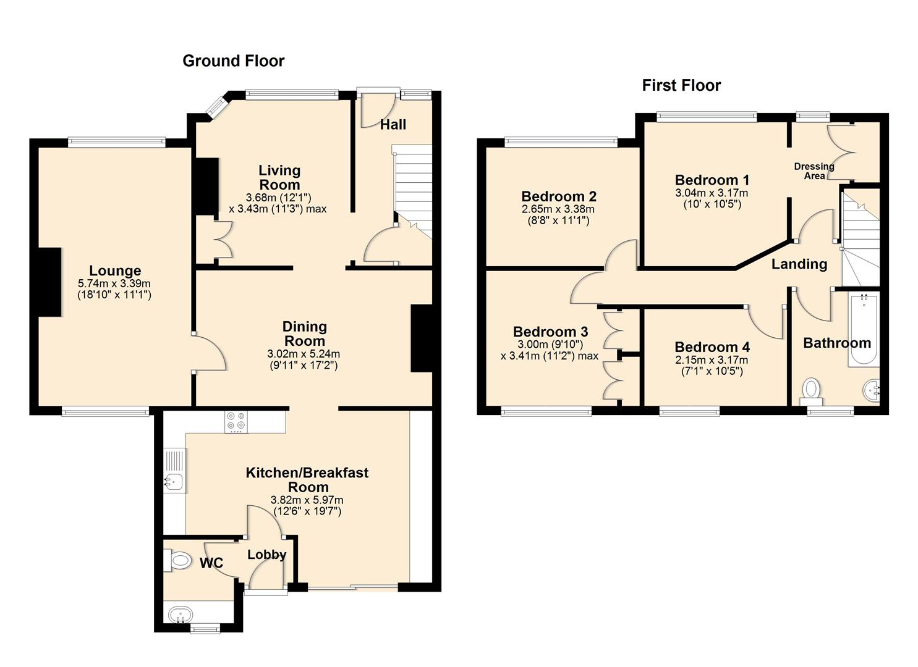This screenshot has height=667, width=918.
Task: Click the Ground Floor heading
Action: tap(233, 61)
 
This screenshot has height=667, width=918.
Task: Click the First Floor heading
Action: tap(681, 85)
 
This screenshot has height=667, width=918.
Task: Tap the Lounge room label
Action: tap(115, 271)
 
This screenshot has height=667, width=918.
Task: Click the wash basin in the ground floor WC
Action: tap(180, 615)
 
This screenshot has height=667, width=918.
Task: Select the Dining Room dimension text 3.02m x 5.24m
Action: tap(304, 354)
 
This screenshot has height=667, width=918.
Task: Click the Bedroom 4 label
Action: tap(712, 347)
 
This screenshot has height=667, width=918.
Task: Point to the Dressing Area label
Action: tap(814, 171)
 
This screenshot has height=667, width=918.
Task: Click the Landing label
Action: tap(799, 264)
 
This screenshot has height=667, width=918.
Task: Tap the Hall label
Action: tap(393, 125)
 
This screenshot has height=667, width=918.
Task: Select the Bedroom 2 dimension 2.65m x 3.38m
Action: tap(558, 209)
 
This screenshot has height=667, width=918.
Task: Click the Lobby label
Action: tap(266, 555)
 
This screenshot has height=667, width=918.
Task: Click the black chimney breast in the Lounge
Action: tap(49, 282)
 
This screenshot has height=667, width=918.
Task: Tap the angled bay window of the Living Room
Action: tap(216, 106)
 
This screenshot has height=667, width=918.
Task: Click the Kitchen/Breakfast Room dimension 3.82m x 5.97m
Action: tap(307, 500)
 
